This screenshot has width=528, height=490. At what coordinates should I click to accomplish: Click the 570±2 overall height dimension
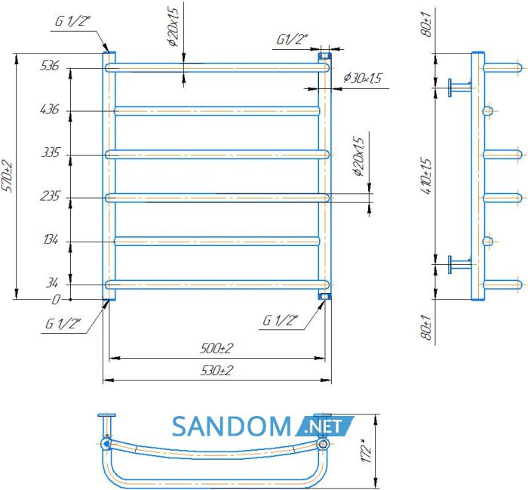8,177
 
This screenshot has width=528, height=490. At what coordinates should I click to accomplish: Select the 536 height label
50,66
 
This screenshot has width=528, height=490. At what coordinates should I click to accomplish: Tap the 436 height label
49,109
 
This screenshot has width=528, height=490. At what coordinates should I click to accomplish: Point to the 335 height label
51,153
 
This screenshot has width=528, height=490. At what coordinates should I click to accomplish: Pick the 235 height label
50,196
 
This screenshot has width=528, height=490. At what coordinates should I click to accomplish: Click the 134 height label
51,240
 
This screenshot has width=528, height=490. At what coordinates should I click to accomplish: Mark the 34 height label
52,282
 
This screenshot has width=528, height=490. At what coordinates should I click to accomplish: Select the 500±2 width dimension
216,348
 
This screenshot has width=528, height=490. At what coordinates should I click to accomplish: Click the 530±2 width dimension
216,371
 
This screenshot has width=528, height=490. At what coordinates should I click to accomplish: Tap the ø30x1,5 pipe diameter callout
363,79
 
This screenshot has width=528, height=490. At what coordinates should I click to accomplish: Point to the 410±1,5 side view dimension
426,176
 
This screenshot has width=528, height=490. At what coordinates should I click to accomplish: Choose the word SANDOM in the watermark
232,427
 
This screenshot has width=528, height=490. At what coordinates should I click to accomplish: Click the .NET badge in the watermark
324,427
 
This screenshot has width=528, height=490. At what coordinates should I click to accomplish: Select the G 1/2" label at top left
72,21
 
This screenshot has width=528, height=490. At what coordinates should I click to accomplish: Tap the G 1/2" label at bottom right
280,320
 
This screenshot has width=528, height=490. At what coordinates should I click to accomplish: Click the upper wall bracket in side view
459,88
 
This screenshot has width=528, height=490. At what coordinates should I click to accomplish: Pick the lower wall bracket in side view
459,264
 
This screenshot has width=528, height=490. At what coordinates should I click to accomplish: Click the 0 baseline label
56,299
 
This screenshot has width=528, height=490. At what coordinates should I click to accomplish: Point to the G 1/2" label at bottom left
63,324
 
